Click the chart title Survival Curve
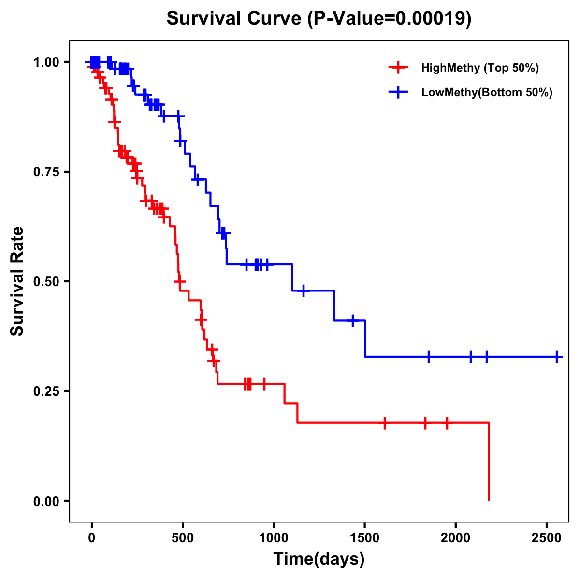(319, 18)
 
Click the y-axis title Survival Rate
(17, 281)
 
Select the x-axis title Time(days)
(319, 559)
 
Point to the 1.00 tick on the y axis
(47, 62)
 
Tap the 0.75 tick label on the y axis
(47, 172)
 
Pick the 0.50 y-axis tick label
(47, 282)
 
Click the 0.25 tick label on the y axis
(47, 391)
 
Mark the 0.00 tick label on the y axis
(47, 501)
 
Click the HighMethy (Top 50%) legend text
(480, 68)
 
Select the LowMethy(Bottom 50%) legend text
(487, 93)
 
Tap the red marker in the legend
(398, 68)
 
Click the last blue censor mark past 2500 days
(557, 357)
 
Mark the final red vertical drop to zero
(489, 462)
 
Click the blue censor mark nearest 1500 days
(353, 320)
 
